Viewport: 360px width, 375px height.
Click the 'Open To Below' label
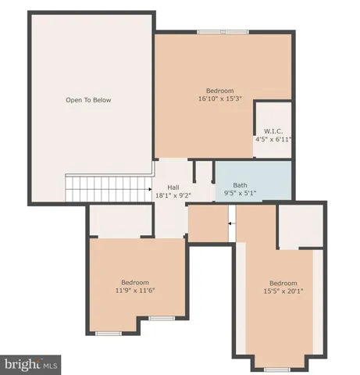[x=87, y=100]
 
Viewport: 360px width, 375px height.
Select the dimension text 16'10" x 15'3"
[x=219, y=98]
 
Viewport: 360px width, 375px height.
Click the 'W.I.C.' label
[x=273, y=130]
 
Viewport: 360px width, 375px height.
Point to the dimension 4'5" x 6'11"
[x=273, y=139]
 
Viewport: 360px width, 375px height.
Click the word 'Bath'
[x=240, y=185]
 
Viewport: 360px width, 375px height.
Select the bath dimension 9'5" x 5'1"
[x=241, y=194]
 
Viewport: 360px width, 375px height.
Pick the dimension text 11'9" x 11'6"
[x=134, y=291]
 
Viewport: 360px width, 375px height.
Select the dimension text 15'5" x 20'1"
[x=283, y=291]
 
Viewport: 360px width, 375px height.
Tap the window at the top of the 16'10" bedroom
[x=223, y=32]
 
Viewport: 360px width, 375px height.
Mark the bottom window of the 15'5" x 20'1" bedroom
[x=277, y=368]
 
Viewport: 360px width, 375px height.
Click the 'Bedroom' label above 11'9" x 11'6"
[x=134, y=282]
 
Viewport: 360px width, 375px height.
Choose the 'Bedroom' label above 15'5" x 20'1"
[x=283, y=283]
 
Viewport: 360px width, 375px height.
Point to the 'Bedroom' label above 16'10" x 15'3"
[x=219, y=90]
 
